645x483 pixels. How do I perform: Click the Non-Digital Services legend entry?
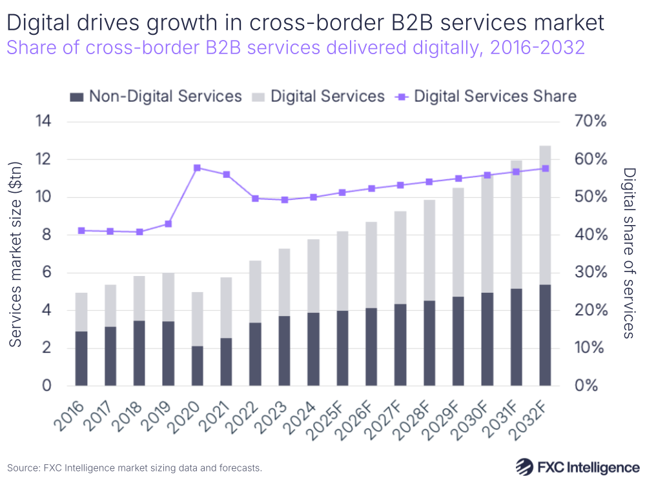[156, 97]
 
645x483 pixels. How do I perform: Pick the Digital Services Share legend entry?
[487, 97]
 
